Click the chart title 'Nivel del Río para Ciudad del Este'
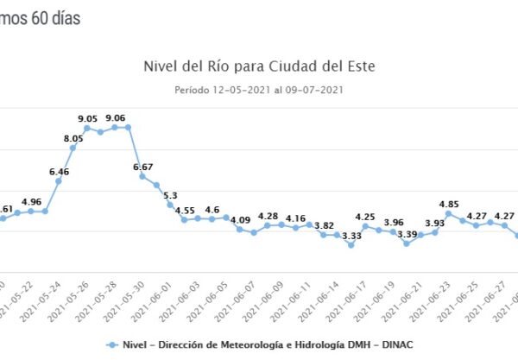click(x=259, y=66)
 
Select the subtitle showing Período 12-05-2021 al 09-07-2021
click(x=259, y=89)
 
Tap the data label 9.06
click(x=115, y=118)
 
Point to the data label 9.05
click(x=86, y=119)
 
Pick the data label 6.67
click(x=143, y=167)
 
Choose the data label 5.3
click(x=171, y=195)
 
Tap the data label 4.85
click(x=449, y=205)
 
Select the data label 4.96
click(x=31, y=202)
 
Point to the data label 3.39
click(x=407, y=234)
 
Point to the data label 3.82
click(x=324, y=225)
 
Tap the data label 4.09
click(x=240, y=220)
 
